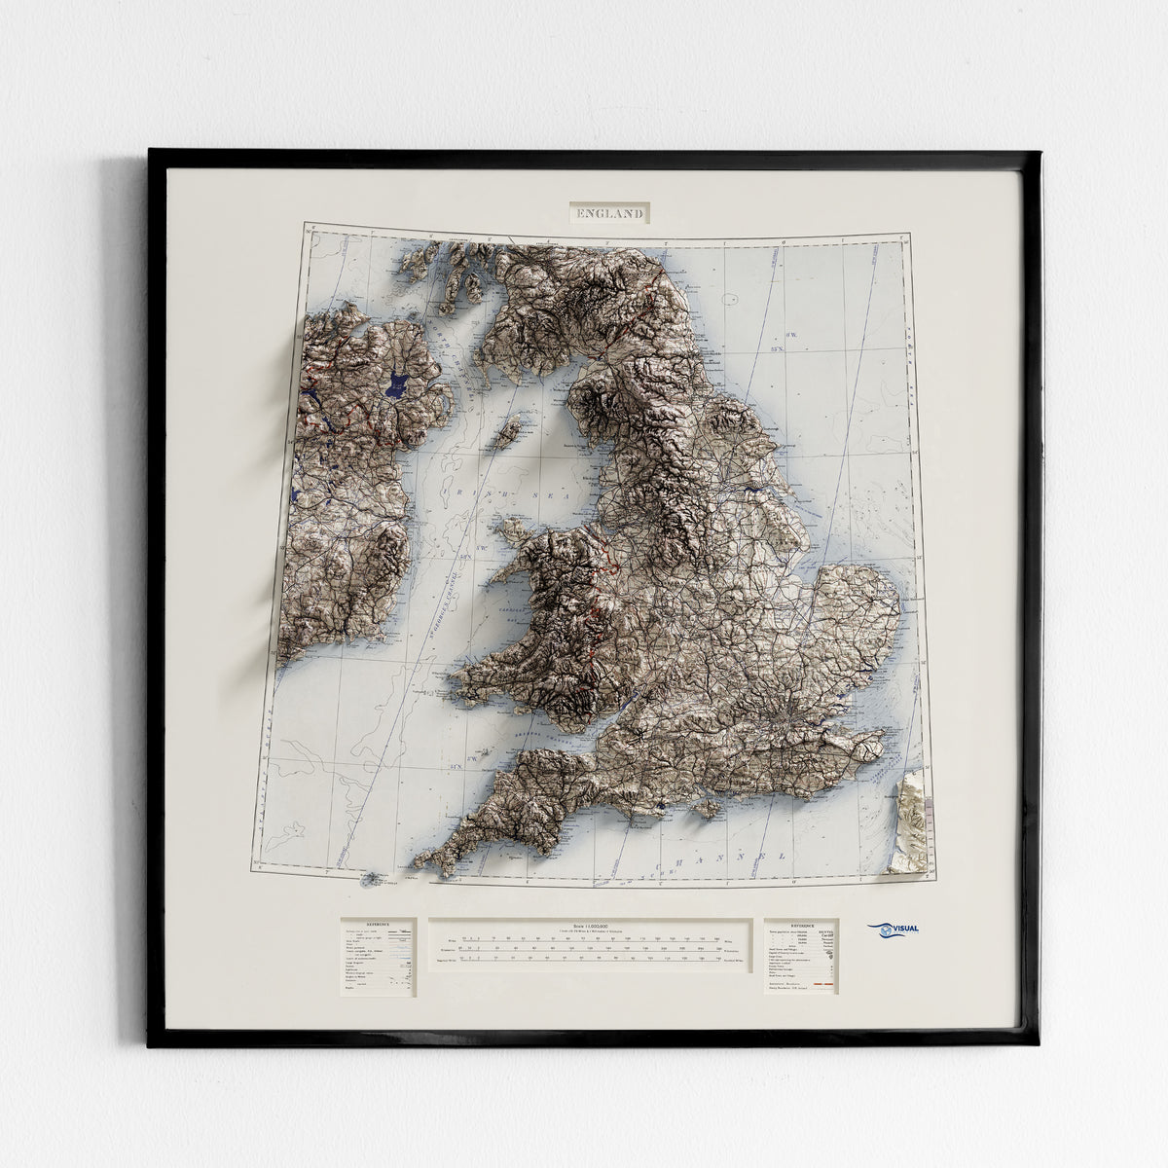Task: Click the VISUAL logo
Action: click(894, 931)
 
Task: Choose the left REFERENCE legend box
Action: click(378, 957)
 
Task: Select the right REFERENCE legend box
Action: click(801, 955)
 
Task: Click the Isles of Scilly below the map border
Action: click(372, 880)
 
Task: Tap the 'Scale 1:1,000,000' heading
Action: click(590, 925)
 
